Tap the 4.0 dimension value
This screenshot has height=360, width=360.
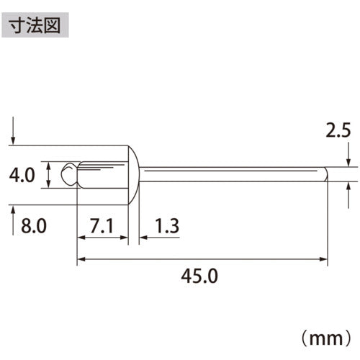tap(22, 175)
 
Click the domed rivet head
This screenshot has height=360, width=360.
tap(134, 174)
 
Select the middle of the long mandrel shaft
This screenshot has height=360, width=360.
tap(230, 174)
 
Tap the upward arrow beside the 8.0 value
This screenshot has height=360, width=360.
tap(13, 217)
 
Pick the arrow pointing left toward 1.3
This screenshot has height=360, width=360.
tap(144, 236)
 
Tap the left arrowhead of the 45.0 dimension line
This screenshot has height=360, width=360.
tap(81, 258)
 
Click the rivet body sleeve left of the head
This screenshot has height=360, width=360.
tap(101, 174)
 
